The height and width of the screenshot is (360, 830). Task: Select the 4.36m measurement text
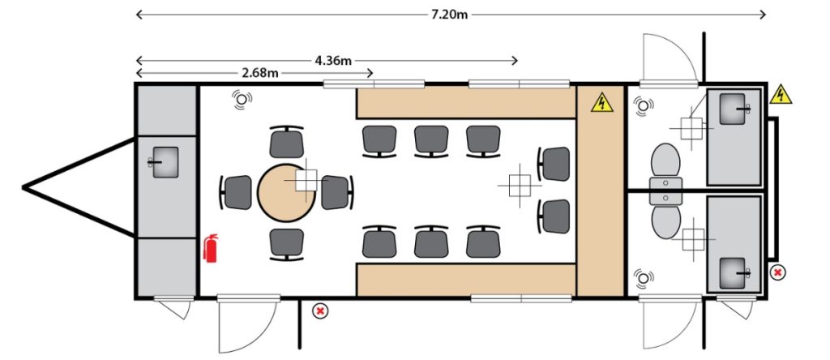(x=332, y=60)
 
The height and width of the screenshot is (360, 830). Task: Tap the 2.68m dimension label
(x=260, y=73)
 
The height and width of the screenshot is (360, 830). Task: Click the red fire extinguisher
(x=211, y=249)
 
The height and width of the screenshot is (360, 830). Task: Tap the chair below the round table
(x=286, y=242)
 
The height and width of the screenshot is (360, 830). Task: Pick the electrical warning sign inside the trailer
(x=601, y=103)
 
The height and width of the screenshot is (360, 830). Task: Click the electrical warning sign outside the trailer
(x=780, y=94)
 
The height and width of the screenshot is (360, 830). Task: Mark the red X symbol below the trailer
(x=321, y=310)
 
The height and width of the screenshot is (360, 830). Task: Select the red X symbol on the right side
(x=777, y=272)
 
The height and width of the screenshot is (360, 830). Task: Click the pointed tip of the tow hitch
(x=24, y=187)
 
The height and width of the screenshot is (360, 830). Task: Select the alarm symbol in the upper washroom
(x=644, y=105)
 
